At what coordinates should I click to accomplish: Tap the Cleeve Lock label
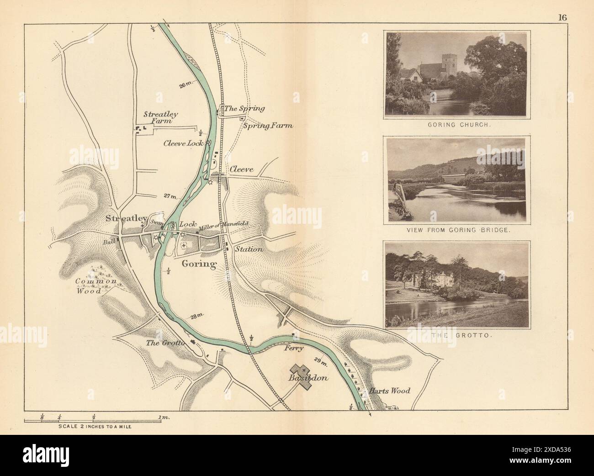click(183, 143)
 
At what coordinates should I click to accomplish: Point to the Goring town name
click(199, 264)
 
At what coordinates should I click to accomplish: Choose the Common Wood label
click(96, 286)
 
